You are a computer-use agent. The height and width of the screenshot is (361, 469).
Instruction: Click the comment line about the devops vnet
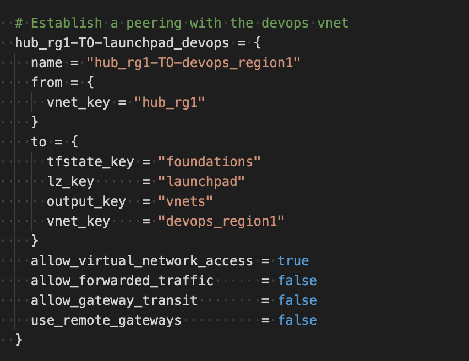click(x=182, y=23)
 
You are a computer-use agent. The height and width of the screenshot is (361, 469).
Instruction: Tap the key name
click(x=47, y=63)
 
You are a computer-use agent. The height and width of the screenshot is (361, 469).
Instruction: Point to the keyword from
click(x=47, y=83)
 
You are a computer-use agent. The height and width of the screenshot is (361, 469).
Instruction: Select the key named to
click(x=39, y=142)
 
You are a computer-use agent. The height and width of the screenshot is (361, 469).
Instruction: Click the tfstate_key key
click(x=90, y=162)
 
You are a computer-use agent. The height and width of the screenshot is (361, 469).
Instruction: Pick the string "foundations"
click(x=209, y=162)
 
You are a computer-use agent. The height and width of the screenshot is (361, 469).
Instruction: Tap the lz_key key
click(x=70, y=182)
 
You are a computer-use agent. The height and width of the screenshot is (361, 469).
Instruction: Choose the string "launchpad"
click(x=201, y=182)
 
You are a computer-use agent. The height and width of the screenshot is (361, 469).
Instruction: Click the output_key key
click(x=86, y=201)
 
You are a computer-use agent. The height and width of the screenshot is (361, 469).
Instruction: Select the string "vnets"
click(x=186, y=201)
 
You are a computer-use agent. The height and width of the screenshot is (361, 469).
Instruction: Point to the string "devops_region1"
click(x=221, y=221)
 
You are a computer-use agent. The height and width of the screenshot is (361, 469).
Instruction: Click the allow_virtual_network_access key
click(x=142, y=261)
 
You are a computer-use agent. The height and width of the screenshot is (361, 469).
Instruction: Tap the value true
click(x=293, y=261)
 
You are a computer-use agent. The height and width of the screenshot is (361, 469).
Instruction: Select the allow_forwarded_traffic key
click(x=122, y=281)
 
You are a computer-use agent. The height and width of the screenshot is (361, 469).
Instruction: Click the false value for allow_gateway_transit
click(x=297, y=300)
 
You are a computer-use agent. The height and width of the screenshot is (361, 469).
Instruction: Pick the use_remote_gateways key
click(x=106, y=320)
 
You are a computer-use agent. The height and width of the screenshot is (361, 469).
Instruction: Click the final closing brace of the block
click(x=19, y=340)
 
